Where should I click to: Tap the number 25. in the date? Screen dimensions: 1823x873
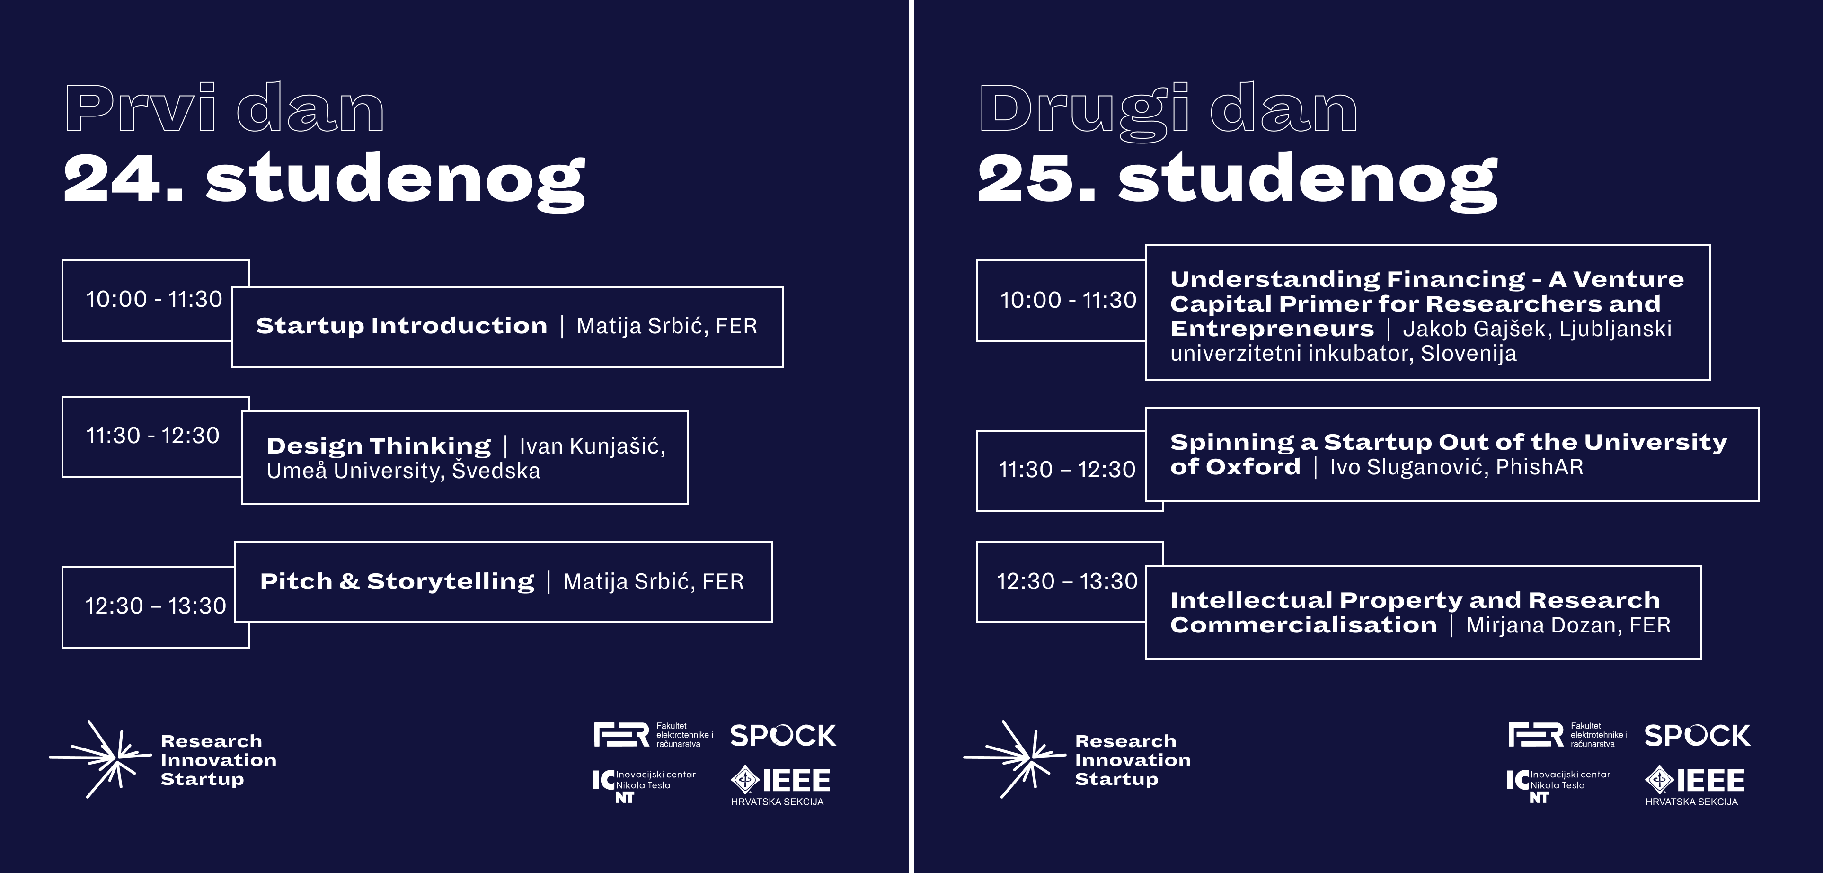[1037, 178]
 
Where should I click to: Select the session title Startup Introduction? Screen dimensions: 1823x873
[401, 326]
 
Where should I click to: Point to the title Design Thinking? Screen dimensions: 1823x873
[379, 445]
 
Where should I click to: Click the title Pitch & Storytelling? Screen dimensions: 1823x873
[397, 581]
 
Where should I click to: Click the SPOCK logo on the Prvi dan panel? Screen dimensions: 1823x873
[783, 736]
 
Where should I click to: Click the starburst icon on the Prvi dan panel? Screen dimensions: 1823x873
[100, 759]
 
